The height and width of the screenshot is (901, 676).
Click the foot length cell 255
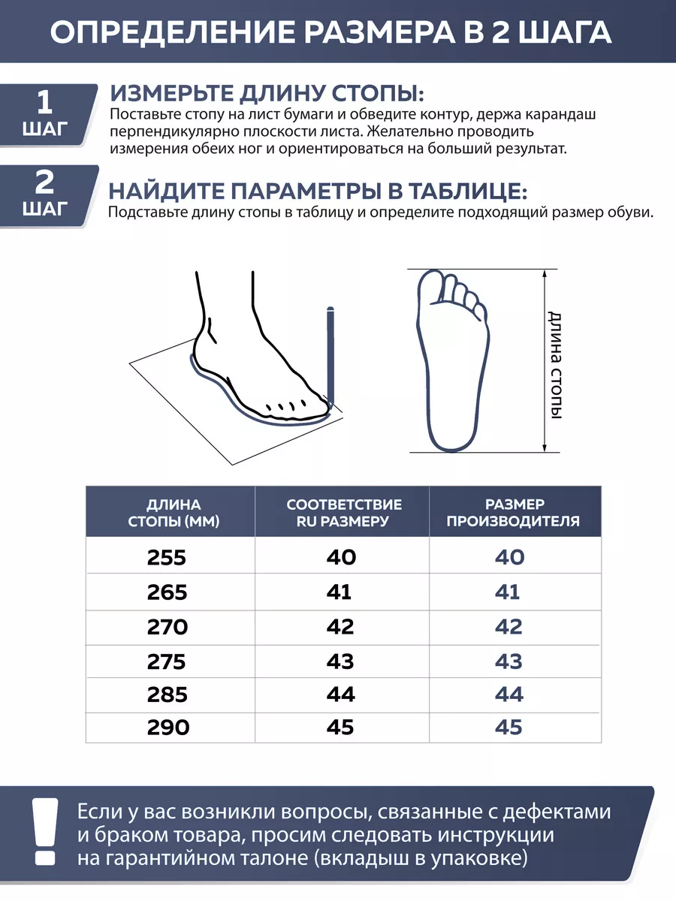coord(167,557)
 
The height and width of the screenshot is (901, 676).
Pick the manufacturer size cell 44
coord(509,695)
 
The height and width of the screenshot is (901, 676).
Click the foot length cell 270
coord(167,626)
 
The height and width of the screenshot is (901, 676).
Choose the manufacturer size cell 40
coord(509,557)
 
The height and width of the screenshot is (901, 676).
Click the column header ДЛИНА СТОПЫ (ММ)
coord(174,513)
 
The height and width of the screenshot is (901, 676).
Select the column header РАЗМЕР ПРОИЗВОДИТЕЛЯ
coord(514,513)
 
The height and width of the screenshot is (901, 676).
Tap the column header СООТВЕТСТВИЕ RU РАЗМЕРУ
coord(344,513)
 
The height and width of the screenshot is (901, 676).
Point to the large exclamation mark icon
coord(44,829)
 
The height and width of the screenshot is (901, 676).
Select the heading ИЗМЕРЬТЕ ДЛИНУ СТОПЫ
coord(267,95)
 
